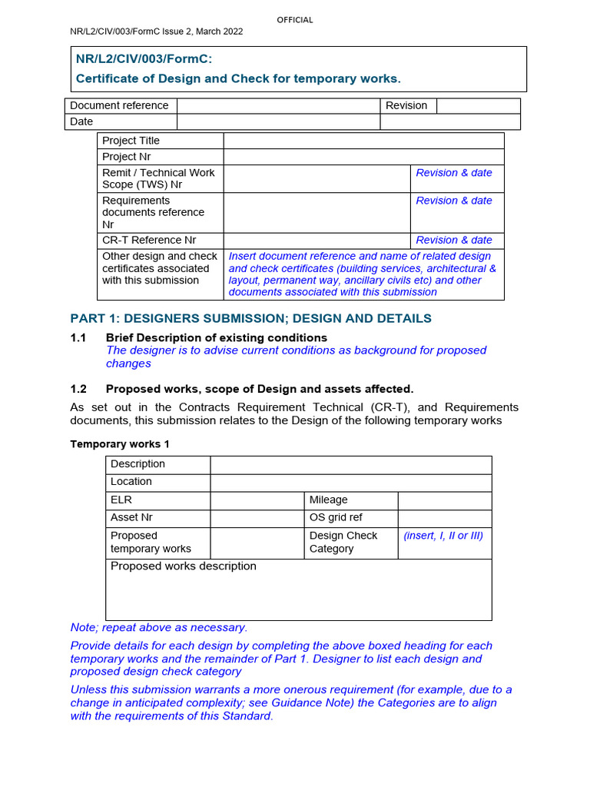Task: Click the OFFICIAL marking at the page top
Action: point(295,20)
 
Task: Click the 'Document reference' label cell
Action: point(119,105)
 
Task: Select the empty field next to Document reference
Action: point(279,105)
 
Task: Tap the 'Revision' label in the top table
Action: point(406,105)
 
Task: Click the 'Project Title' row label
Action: point(131,141)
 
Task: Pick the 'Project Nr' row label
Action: point(126,157)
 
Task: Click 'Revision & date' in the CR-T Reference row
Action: point(454,240)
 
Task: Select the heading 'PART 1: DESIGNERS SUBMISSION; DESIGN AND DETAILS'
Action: point(251,318)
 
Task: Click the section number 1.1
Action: point(78,337)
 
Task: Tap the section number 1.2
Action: point(78,389)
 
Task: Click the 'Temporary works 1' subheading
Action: point(120,444)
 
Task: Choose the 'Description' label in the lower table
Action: point(138,463)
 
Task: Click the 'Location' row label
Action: point(131,481)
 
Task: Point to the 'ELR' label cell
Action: point(121,500)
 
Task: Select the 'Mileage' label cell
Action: point(329,500)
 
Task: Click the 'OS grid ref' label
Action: point(336,517)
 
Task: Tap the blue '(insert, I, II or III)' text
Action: point(443,536)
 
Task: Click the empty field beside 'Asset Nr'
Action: point(257,517)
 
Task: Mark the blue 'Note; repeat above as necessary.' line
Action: point(159,627)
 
